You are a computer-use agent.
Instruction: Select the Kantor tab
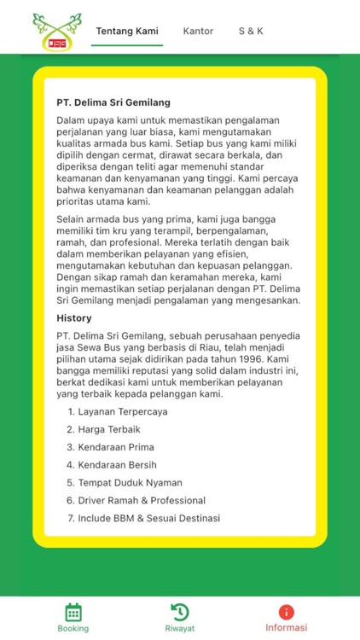click(198, 31)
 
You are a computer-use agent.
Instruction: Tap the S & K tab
click(251, 31)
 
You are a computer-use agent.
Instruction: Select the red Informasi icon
click(287, 611)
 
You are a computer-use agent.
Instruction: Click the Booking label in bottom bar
click(73, 629)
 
